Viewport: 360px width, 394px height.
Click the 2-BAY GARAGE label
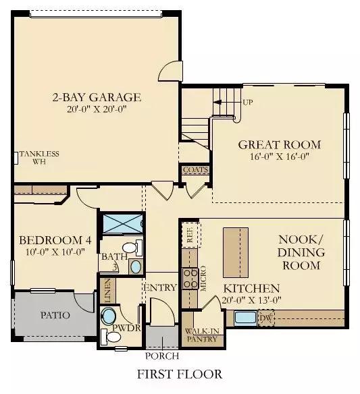(x=97, y=97)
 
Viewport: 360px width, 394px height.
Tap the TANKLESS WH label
(x=39, y=158)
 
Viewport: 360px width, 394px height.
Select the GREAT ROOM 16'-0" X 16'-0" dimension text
(x=279, y=157)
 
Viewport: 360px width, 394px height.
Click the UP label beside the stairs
(x=248, y=103)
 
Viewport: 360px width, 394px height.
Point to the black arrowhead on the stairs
(x=217, y=102)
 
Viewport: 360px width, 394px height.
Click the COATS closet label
(x=196, y=170)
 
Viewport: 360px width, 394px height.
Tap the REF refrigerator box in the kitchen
(x=191, y=235)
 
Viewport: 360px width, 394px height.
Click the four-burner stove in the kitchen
(x=190, y=279)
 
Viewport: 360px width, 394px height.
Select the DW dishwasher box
(x=265, y=318)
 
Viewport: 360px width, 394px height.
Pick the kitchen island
(x=236, y=252)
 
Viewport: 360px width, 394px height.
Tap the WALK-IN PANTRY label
(x=202, y=335)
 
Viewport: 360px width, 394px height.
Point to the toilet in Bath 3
(x=132, y=247)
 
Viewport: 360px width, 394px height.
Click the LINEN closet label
(x=107, y=290)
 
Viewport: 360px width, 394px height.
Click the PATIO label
(x=55, y=315)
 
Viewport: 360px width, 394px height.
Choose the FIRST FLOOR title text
(x=180, y=374)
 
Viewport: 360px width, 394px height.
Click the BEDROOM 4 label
(x=55, y=240)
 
